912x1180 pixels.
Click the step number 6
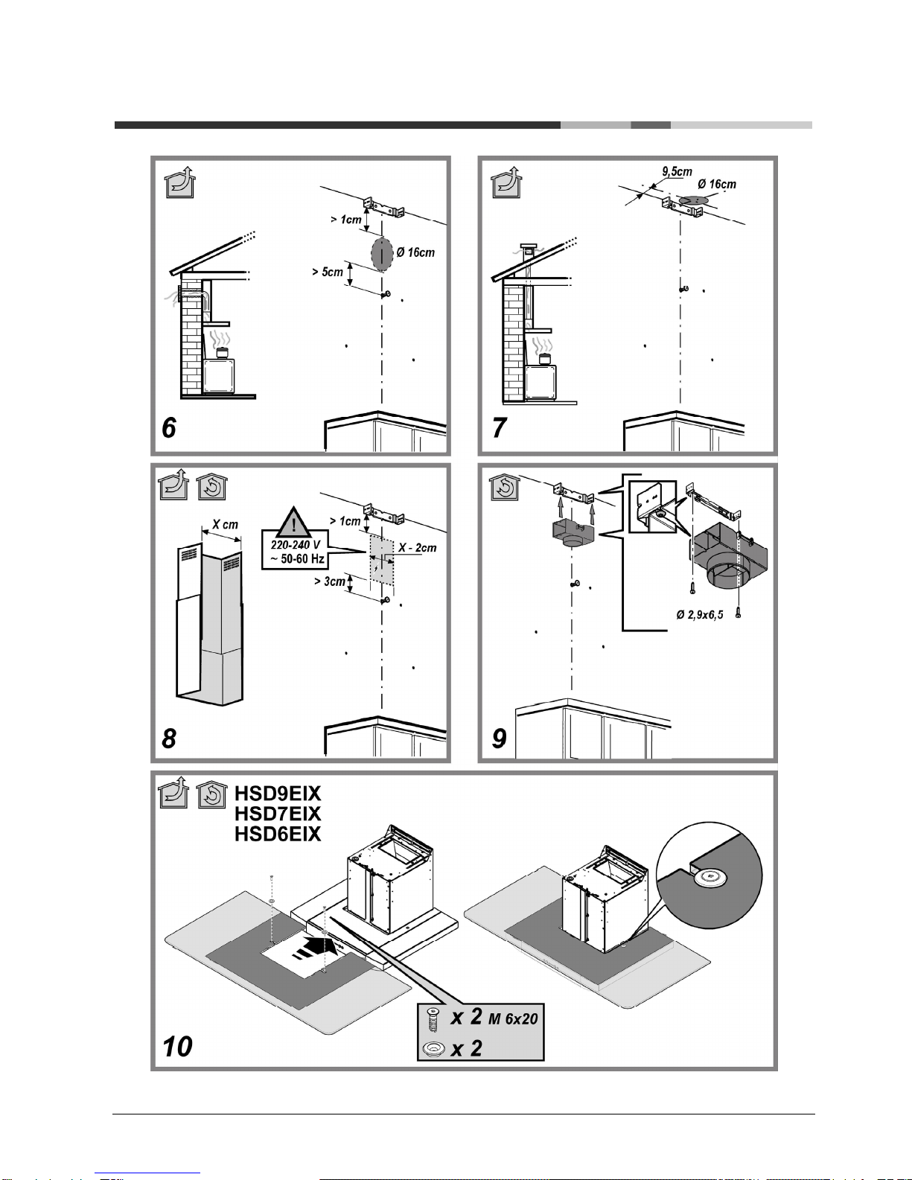pos(169,428)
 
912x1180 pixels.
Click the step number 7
pos(500,427)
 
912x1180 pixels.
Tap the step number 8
pos(169,739)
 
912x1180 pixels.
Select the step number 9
pos(500,739)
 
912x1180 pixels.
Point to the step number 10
pos(177,1047)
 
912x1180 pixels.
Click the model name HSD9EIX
pos(278,794)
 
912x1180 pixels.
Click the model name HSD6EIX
pos(278,834)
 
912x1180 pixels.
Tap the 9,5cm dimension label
pos(677,171)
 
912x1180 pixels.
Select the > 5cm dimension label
pos(328,272)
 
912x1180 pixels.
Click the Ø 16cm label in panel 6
pos(415,252)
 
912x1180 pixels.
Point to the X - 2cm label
pos(418,548)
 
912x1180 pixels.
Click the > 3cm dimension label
pos(330,581)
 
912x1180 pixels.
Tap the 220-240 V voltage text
pos(296,545)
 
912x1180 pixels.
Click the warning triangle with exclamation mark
pos(293,523)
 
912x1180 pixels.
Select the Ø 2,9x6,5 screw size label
pos(700,615)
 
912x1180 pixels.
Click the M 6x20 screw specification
pos(513,1018)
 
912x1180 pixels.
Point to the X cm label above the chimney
pos(225,525)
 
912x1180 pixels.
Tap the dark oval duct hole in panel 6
pos(382,254)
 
